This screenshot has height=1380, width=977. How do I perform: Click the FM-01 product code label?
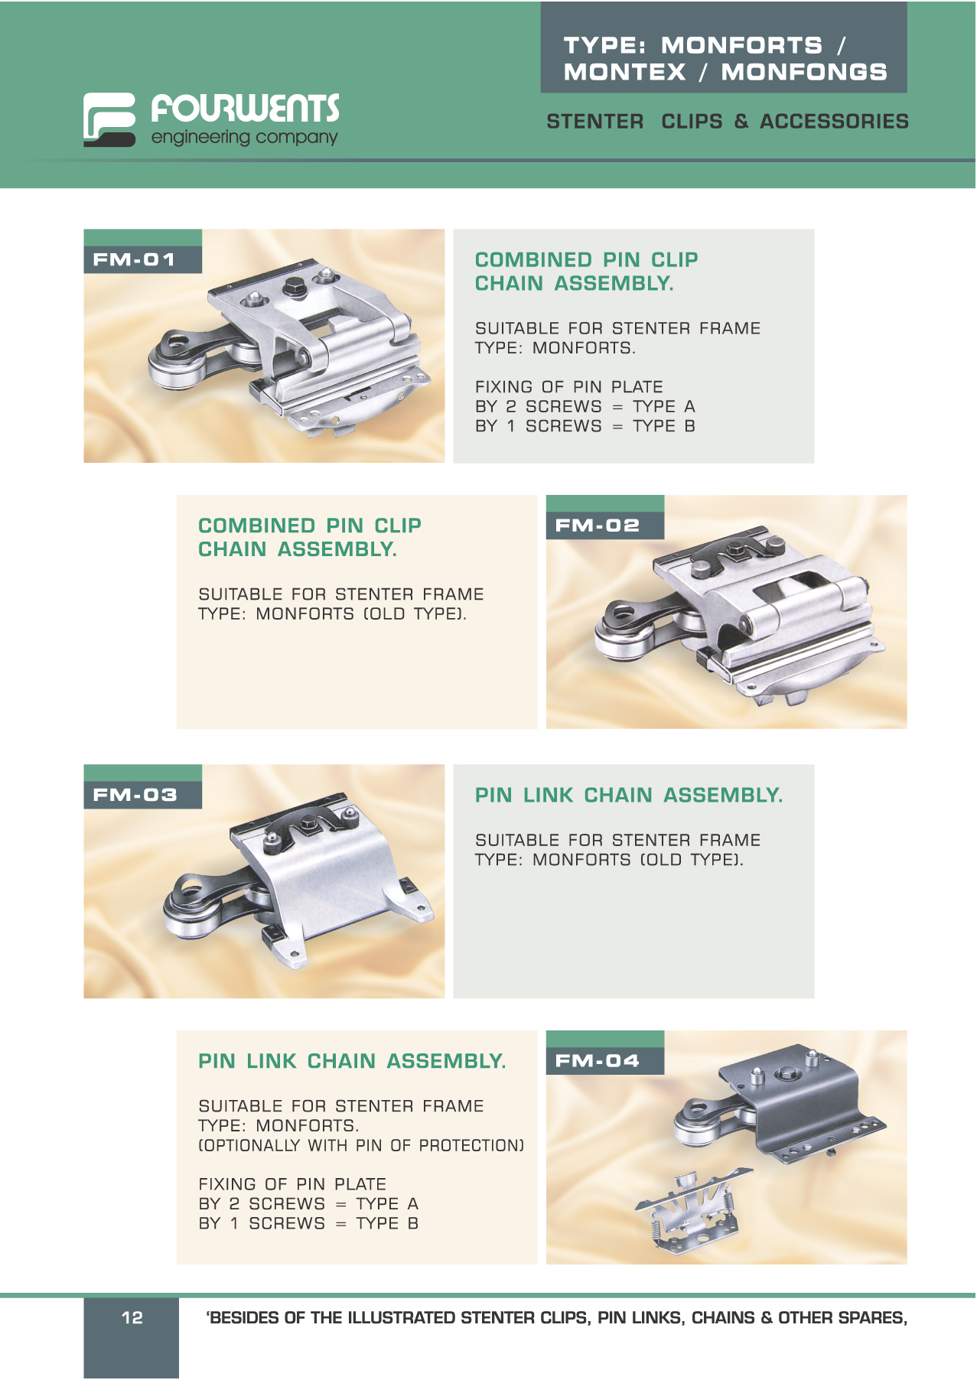click(x=134, y=259)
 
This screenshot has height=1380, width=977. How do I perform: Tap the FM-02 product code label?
click(x=597, y=526)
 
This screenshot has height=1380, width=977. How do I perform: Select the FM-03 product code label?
click(x=135, y=795)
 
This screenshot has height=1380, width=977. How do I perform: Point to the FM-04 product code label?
click(x=597, y=1061)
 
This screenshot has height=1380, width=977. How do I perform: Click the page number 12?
click(x=132, y=1317)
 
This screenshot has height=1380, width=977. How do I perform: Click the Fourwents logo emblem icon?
click(x=109, y=119)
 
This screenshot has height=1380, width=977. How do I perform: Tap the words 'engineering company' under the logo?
click(x=244, y=138)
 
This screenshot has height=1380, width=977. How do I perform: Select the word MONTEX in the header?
click(x=625, y=72)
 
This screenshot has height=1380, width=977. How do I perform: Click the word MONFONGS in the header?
click(x=804, y=72)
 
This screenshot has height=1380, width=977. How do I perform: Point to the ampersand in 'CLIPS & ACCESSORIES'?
click(x=741, y=121)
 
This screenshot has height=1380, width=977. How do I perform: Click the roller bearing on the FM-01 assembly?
click(x=172, y=373)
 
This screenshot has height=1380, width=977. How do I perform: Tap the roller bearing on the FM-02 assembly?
click(x=620, y=639)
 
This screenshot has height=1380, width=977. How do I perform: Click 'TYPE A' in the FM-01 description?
click(x=664, y=406)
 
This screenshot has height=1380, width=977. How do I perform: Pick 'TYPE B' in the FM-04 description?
click(x=387, y=1223)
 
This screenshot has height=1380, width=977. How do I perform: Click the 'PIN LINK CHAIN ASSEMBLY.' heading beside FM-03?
click(x=629, y=796)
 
